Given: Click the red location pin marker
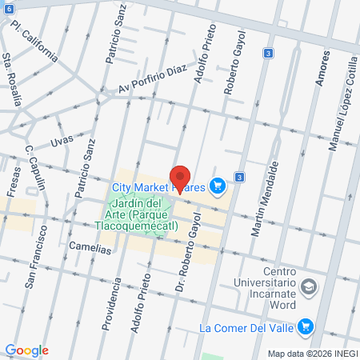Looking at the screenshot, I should click(180, 178).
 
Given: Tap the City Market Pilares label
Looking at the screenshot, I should click(159, 187).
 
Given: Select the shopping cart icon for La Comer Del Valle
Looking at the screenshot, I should click(304, 326).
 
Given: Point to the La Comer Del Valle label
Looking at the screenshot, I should click(245, 327).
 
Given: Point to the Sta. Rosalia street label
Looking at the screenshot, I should click(14, 81).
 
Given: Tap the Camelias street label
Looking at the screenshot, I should click(90, 248).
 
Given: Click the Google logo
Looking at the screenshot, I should click(26, 350).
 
